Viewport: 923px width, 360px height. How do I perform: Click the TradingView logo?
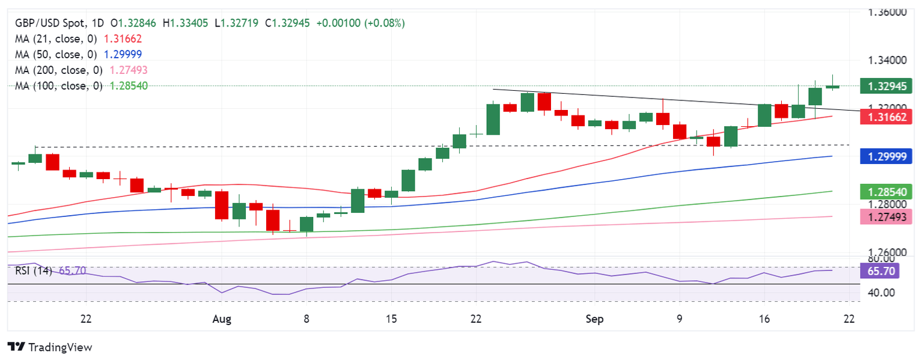[x=50, y=347]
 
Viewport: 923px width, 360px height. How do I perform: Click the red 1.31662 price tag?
[x=886, y=117]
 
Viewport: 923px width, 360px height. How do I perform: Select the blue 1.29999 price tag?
[x=886, y=156]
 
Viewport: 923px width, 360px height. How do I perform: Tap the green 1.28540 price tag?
[x=886, y=192]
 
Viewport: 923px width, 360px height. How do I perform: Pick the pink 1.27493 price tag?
[x=886, y=216]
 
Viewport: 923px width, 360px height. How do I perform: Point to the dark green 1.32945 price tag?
[x=886, y=86]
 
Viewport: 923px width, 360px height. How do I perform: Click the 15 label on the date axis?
[x=391, y=319]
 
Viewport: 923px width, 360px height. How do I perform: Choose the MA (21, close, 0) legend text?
[x=58, y=38]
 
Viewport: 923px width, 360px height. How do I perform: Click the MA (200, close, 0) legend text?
[x=60, y=70]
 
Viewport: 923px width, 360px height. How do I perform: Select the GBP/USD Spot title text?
[x=48, y=23]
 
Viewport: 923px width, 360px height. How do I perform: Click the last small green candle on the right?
[x=832, y=87]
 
